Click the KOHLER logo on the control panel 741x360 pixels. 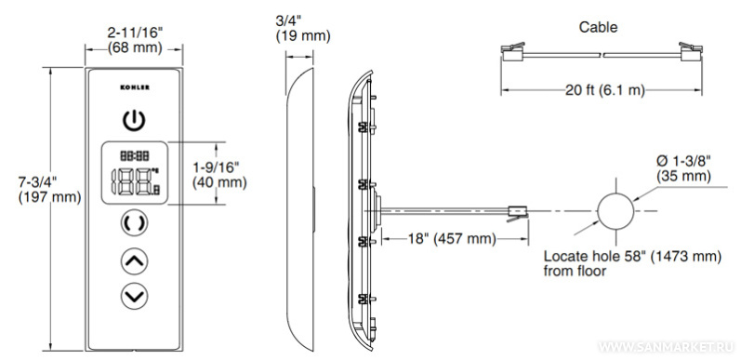135,87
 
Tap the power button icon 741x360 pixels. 135,121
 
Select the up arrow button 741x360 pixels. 135,260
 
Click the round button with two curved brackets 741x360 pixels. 135,223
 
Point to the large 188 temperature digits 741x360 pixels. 135,181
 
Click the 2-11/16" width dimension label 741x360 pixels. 135,40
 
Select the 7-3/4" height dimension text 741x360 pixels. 49,190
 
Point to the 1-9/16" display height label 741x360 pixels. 219,175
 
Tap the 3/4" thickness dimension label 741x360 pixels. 303,29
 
